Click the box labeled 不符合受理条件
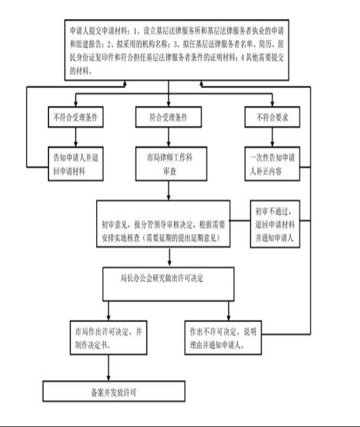point(76,117)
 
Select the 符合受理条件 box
point(168,117)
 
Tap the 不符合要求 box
point(272,117)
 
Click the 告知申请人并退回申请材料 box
point(76,164)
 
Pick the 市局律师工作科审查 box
point(171,164)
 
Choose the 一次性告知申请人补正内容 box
point(272,164)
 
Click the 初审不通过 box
point(275,224)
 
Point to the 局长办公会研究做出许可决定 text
point(162,278)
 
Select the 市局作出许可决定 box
point(109,338)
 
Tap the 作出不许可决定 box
point(223,338)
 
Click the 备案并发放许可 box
point(114,392)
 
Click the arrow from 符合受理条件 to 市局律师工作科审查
point(168,137)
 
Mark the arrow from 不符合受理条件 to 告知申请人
point(76,137)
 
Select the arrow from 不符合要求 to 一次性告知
point(272,137)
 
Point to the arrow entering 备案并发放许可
point(109,367)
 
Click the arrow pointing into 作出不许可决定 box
point(228,311)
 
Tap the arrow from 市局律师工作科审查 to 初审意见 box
point(168,190)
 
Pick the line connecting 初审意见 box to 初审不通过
point(240,221)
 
